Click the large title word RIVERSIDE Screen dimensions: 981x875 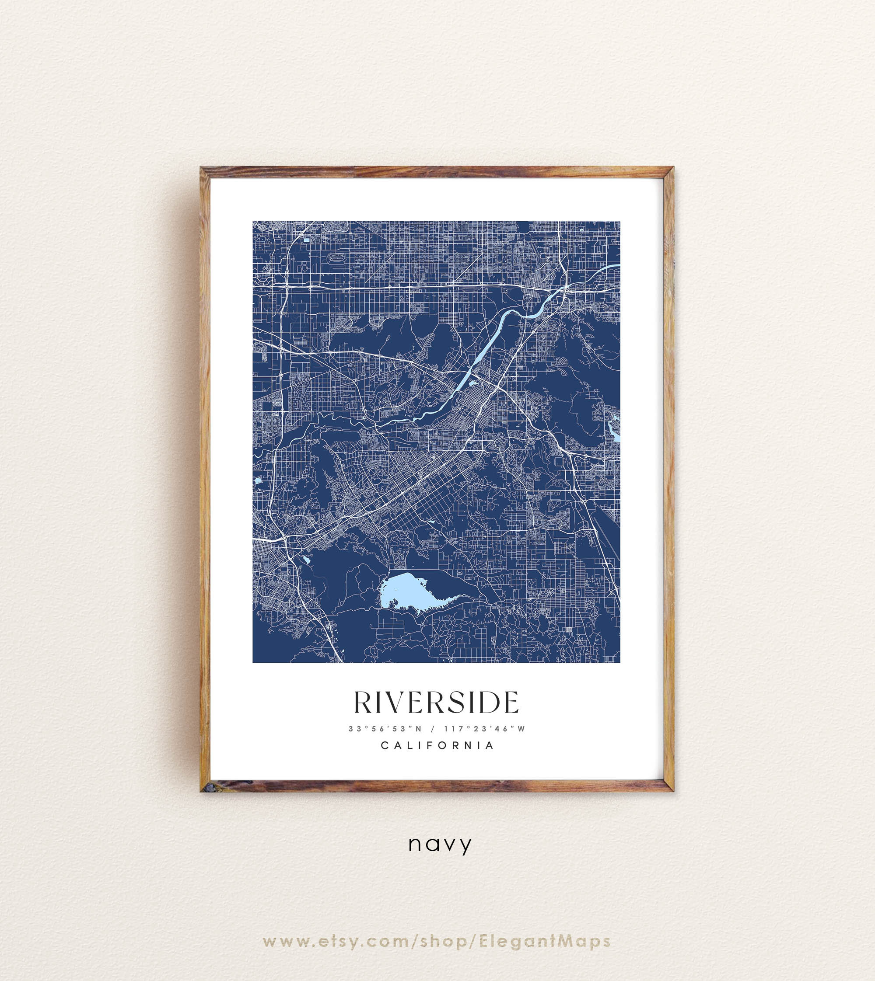coord(437,703)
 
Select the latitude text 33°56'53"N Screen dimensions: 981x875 coord(385,729)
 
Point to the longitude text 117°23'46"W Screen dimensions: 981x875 coord(485,729)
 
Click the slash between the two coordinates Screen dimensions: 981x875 coord(433,729)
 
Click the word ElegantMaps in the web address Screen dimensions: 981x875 coord(545,941)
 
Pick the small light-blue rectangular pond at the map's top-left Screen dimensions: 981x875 coord(307,239)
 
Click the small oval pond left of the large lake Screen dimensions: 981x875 coord(305,559)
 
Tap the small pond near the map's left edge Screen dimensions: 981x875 coord(258,480)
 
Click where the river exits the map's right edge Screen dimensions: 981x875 coord(617,265)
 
